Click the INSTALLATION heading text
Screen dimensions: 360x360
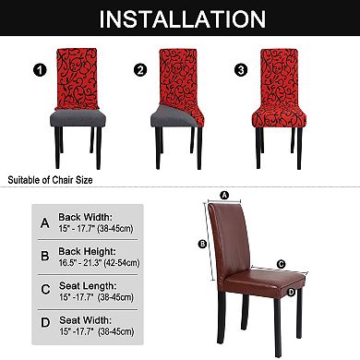(180, 18)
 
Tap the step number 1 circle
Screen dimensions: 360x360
(38, 68)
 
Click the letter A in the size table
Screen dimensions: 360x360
(45, 223)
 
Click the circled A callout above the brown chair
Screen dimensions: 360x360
(224, 196)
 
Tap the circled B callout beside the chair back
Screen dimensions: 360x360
(201, 244)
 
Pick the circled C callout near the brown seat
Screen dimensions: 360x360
(280, 263)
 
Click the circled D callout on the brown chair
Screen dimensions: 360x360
(292, 293)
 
